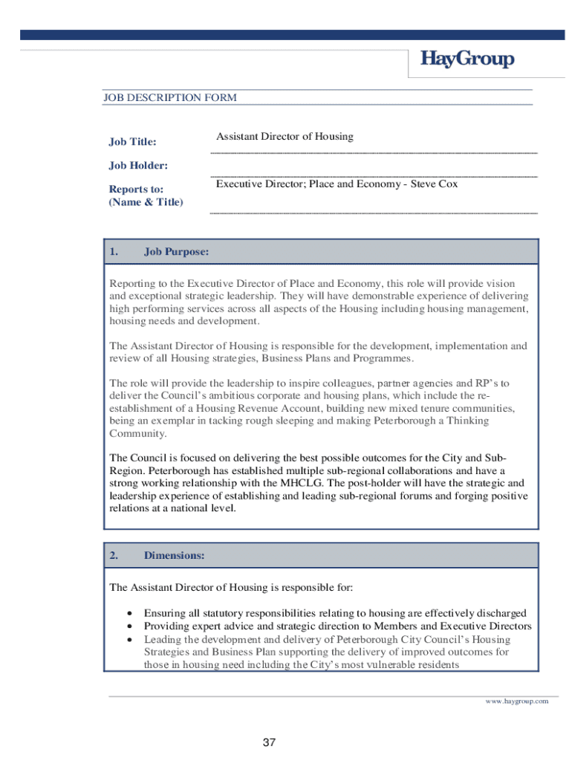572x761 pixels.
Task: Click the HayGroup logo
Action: (467, 59)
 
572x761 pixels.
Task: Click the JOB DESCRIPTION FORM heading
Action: (169, 97)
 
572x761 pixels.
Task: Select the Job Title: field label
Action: (132, 141)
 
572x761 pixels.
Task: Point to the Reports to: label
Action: (136, 190)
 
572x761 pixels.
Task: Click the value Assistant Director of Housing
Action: (285, 136)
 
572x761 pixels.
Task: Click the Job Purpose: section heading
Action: (176, 252)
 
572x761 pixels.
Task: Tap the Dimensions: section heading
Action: (174, 555)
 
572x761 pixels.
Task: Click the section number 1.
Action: (114, 252)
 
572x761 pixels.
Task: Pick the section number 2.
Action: (114, 555)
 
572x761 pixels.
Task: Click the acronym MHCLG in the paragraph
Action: (305, 483)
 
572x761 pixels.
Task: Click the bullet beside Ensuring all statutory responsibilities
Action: (130, 614)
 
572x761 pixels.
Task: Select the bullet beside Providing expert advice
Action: (130, 626)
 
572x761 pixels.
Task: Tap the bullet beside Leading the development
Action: (130, 640)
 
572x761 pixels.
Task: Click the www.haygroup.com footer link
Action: (516, 701)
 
